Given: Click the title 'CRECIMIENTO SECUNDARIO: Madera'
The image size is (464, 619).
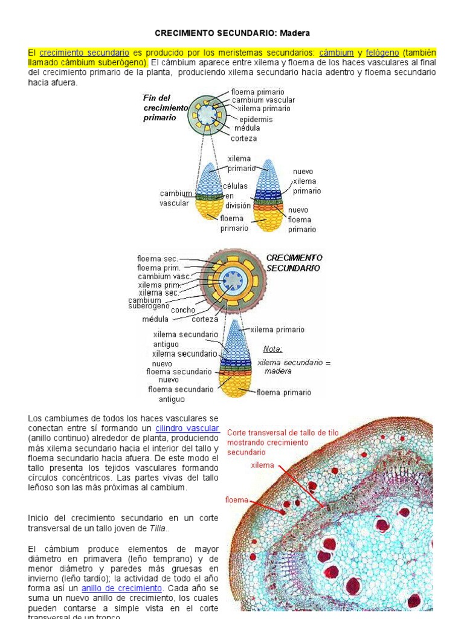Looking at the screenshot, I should pos(233,33).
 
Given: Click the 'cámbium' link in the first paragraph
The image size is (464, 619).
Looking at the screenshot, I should pos(337,53).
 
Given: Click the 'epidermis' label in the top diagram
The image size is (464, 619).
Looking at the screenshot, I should pos(256,119).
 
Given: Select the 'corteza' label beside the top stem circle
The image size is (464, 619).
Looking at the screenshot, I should pos(243,138).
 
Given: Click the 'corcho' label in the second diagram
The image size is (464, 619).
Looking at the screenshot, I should pos(183,310).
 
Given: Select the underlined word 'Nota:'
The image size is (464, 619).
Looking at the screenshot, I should pos(273,349).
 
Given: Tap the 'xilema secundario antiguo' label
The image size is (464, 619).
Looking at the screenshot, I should pos(185,339).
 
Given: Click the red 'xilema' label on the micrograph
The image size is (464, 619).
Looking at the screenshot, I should pos(262,465).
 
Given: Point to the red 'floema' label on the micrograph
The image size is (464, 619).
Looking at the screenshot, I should pos(237,500).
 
